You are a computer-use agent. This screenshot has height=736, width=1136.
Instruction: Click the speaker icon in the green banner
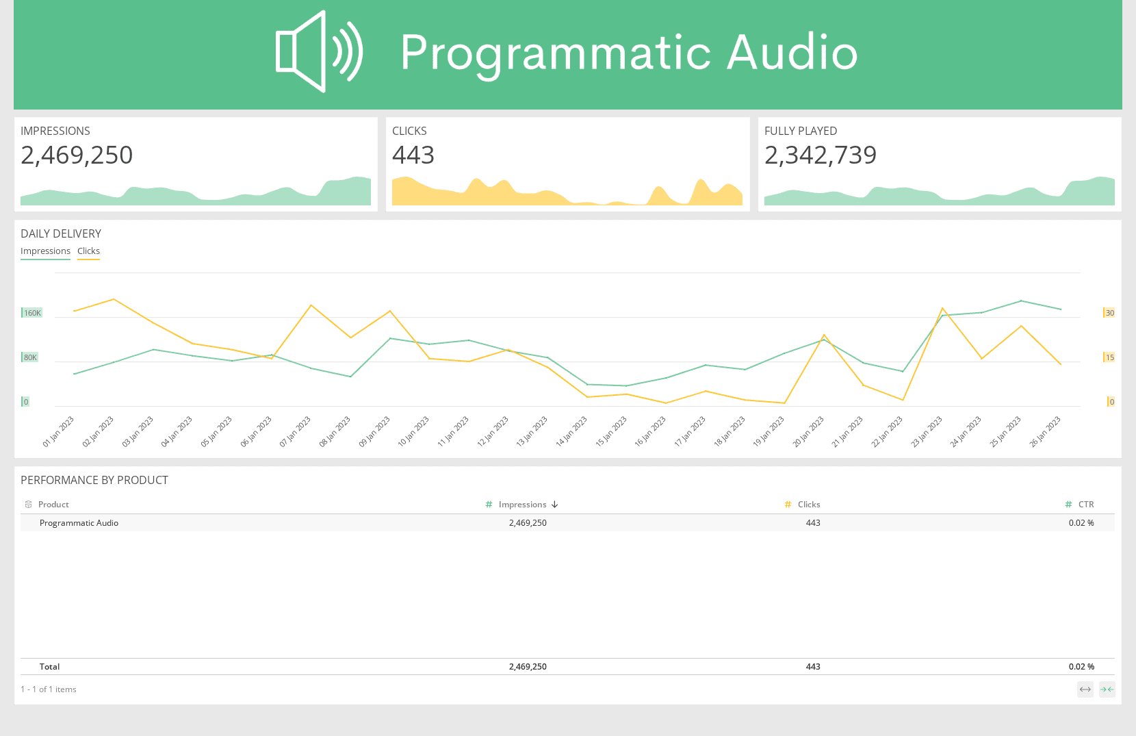tap(319, 52)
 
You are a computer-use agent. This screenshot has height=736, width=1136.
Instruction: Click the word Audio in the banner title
tap(792, 52)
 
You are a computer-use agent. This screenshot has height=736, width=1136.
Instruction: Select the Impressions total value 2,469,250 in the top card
tap(77, 155)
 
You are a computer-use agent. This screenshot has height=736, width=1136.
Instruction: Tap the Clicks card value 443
tap(413, 155)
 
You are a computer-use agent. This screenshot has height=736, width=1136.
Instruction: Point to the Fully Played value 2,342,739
tap(820, 155)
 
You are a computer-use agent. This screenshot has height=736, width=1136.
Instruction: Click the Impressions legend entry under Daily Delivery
tap(45, 251)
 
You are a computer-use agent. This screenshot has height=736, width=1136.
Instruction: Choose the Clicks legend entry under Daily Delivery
tap(88, 251)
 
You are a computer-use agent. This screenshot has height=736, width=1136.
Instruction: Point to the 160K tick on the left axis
tap(32, 313)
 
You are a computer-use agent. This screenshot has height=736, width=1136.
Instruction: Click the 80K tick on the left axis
tap(30, 357)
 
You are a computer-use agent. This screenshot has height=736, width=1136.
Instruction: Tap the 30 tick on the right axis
tap(1109, 313)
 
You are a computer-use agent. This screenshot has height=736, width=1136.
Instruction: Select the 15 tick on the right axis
tap(1109, 357)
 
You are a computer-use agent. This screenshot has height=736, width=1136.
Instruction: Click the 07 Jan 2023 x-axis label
tap(296, 431)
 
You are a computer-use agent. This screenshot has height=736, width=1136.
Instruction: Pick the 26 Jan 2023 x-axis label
tap(1045, 431)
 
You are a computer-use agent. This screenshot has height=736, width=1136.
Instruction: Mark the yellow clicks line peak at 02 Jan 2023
tap(114, 299)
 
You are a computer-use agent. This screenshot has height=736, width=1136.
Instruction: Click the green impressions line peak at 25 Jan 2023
tap(1021, 301)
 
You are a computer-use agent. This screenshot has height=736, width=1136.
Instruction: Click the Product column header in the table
tap(53, 505)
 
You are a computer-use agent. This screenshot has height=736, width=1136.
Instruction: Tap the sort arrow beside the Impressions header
tap(554, 505)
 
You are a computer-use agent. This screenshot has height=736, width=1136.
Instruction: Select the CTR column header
tap(1086, 505)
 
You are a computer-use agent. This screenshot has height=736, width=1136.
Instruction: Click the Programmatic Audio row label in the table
tap(79, 523)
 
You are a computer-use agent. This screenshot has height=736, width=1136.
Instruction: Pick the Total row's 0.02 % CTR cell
tap(1081, 667)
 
